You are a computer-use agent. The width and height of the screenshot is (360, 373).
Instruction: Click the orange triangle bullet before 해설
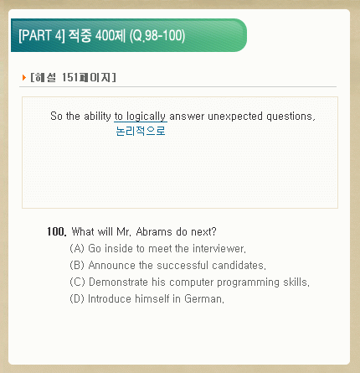[24, 77]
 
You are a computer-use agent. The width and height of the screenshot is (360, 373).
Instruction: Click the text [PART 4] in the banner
[42, 36]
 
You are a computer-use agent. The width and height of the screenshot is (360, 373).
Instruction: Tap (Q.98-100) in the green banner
[157, 36]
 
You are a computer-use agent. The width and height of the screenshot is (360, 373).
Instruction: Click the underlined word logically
[146, 117]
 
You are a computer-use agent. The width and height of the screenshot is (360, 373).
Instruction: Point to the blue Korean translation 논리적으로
[141, 131]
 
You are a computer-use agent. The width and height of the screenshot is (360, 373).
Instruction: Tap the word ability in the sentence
[97, 117]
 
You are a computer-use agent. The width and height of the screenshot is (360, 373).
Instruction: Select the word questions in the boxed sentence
[291, 117]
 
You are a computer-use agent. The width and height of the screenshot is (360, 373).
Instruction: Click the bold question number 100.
[57, 231]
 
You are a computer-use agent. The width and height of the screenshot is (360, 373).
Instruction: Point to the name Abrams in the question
[154, 231]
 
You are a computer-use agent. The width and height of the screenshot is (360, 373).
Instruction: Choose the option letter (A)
[77, 248]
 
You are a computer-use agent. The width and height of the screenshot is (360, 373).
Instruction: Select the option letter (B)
[77, 265]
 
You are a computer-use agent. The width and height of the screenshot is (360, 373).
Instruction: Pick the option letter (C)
[77, 282]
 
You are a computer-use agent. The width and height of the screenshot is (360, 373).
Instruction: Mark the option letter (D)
[77, 298]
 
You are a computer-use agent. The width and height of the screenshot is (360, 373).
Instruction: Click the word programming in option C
[248, 282]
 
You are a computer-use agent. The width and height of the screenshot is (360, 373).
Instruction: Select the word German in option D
[204, 298]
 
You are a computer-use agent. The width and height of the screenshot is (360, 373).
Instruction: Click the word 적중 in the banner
[80, 36]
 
